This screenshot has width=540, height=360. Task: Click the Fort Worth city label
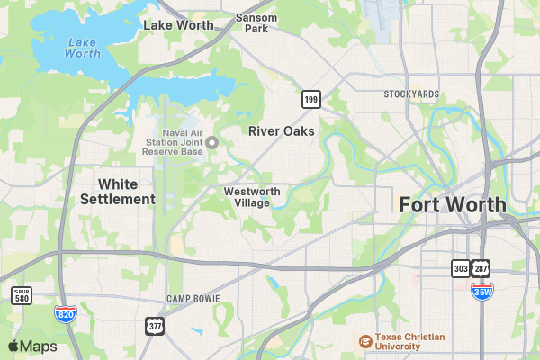click(x=453, y=204)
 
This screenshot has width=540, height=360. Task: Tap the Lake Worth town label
click(x=178, y=25)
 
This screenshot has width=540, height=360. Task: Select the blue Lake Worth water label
click(x=83, y=48)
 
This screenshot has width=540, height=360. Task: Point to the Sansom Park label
click(x=256, y=22)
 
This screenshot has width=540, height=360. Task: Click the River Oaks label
click(x=282, y=131)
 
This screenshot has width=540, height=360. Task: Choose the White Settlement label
click(x=118, y=191)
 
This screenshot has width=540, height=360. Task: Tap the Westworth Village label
click(x=252, y=197)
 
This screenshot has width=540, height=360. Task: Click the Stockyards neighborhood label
click(x=411, y=94)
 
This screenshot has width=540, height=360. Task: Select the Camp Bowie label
click(x=193, y=298)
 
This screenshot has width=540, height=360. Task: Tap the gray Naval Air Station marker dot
click(x=212, y=142)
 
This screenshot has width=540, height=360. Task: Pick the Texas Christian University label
click(x=410, y=341)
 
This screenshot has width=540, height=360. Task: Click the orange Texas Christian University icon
click(x=364, y=341)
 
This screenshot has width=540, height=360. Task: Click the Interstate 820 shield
click(x=65, y=313)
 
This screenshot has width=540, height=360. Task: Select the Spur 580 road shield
click(x=22, y=295)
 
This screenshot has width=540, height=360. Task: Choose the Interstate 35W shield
click(x=482, y=291)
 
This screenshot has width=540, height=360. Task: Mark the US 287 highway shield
click(x=482, y=268)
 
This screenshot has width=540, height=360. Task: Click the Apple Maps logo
click(x=32, y=346)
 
